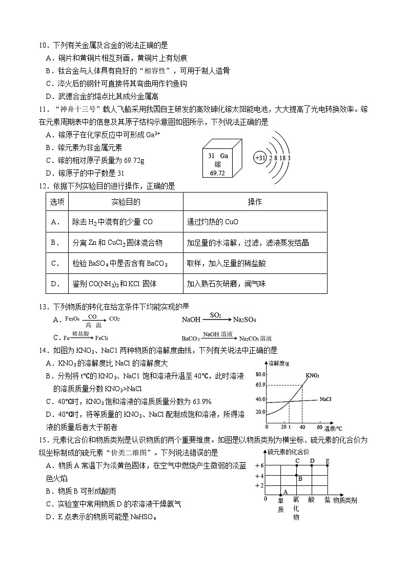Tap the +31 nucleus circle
click(260, 158)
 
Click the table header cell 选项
click(57, 202)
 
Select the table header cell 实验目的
click(126, 202)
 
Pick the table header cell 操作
click(255, 202)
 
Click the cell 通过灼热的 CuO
click(212, 222)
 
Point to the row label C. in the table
click(56, 263)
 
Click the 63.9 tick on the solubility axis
click(259, 385)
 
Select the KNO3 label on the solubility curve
click(313, 376)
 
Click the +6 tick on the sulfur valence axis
click(258, 465)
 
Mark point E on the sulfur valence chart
click(328, 465)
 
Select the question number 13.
click(43, 307)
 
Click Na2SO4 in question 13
click(244, 320)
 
